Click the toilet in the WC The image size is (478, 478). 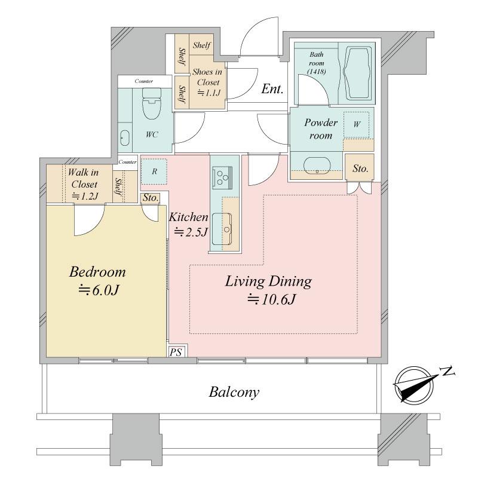(x=152, y=103)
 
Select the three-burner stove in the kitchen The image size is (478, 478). (x=222, y=176)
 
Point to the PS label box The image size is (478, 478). (x=176, y=352)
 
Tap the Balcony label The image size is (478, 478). (x=234, y=392)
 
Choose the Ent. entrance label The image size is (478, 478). (x=272, y=89)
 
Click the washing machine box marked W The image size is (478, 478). (x=356, y=125)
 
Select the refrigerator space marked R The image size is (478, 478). (x=154, y=171)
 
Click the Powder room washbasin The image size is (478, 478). (x=317, y=166)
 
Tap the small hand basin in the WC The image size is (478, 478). (x=125, y=138)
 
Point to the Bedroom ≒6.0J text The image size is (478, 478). (x=97, y=281)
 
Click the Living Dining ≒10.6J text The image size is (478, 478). (x=268, y=290)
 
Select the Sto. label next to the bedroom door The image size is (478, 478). (x=151, y=198)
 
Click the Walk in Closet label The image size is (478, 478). (x=84, y=184)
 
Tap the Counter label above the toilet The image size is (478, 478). (x=144, y=81)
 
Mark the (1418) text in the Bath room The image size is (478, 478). (x=317, y=72)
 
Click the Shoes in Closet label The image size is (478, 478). (x=207, y=82)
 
